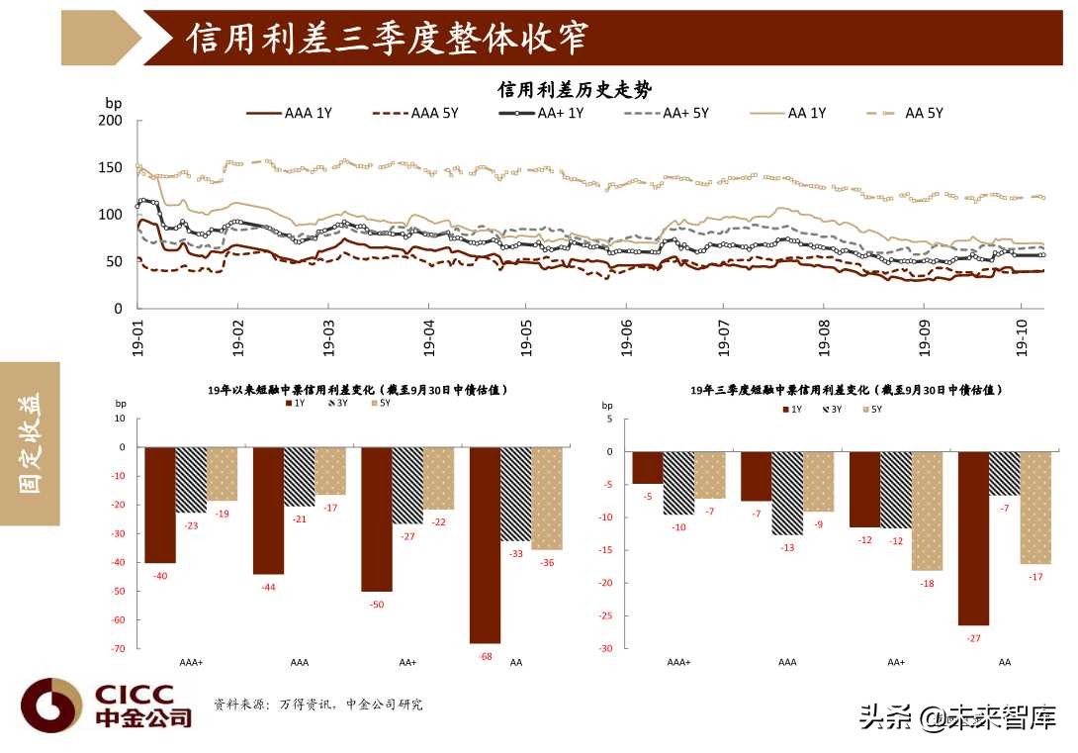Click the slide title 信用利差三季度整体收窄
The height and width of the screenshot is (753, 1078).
pos(388,38)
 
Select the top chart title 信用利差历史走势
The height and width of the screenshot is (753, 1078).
pos(574,90)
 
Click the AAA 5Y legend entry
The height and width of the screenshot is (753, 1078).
pos(415,113)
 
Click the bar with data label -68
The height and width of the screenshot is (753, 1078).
pos(485,544)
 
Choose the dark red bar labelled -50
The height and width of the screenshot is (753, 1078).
pos(377,518)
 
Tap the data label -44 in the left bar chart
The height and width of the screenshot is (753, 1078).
pos(268,587)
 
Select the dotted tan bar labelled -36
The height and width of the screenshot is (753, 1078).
pos(546,498)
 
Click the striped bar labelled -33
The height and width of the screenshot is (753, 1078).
pos(515,494)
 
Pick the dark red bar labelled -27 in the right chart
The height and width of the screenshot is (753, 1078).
pos(974,538)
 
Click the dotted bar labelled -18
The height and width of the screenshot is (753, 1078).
pos(927,511)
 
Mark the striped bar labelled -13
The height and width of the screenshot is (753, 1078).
pos(787,493)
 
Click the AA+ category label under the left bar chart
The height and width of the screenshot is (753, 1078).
pos(407,662)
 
